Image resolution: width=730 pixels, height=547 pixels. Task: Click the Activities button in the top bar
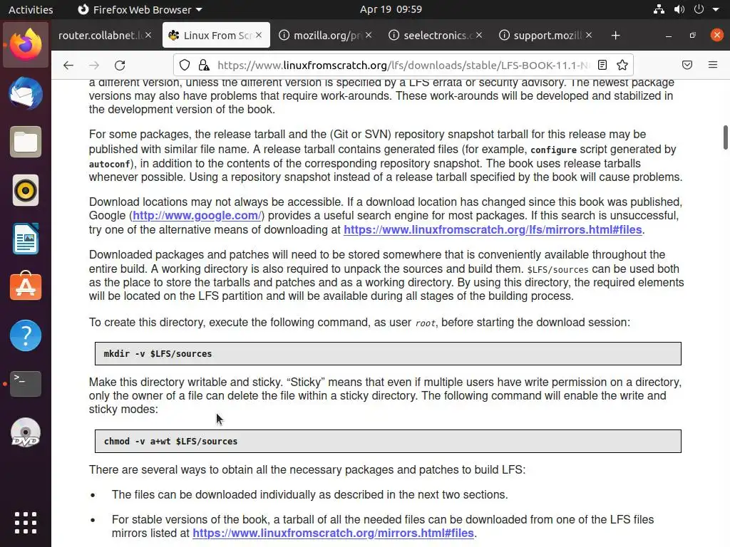(31, 9)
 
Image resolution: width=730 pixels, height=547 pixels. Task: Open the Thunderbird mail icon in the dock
(26, 94)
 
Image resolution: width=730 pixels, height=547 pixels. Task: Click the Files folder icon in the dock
(26, 142)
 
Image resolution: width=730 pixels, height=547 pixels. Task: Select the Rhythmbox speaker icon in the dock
(26, 190)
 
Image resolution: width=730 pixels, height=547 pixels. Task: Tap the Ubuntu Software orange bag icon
(26, 286)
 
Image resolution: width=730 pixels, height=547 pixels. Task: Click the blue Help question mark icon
(26, 335)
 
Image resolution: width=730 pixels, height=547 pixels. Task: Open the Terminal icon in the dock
(26, 383)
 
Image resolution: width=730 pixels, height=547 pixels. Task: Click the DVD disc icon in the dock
(26, 432)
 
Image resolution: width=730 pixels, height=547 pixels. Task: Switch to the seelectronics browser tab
(438, 35)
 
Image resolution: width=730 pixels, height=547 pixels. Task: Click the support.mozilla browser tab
(547, 35)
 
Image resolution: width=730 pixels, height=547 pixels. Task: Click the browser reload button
(120, 65)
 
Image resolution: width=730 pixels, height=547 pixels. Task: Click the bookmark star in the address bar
(622, 65)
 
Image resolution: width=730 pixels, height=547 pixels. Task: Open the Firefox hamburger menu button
(713, 65)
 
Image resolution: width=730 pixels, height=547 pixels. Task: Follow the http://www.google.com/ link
(196, 215)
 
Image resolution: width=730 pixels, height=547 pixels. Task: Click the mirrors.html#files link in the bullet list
(333, 533)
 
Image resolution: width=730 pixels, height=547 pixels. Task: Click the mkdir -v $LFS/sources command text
(158, 353)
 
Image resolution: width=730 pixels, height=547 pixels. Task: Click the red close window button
(716, 35)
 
